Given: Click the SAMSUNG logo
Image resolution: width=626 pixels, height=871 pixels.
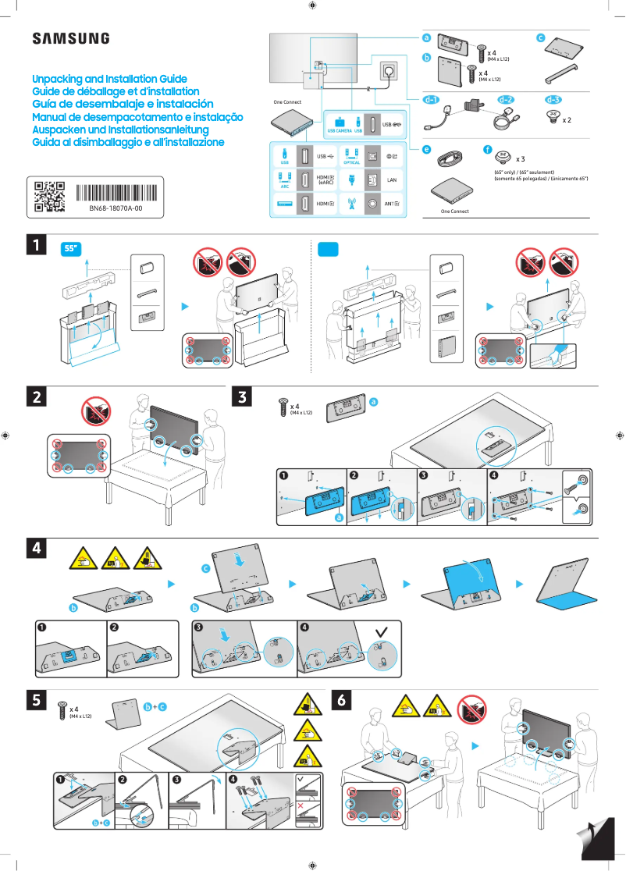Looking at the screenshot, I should click(x=70, y=39).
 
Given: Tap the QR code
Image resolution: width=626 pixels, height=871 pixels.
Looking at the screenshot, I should click(x=50, y=197).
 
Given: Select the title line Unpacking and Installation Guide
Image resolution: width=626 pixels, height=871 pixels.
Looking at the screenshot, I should click(x=109, y=80).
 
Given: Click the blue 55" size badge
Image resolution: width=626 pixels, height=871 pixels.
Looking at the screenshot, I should click(x=72, y=248).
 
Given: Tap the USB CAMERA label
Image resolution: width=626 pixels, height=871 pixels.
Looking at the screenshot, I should click(x=340, y=131).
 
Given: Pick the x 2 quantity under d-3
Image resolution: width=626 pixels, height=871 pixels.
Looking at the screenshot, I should click(x=567, y=121).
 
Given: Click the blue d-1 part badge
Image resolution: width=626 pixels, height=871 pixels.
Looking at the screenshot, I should click(x=431, y=100).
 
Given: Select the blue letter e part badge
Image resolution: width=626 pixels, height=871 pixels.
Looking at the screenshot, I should click(x=426, y=148).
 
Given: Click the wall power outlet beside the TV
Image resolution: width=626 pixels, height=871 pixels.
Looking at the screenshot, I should click(x=388, y=72).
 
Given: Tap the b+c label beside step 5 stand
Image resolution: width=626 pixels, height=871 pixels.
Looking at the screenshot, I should click(x=155, y=706).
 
